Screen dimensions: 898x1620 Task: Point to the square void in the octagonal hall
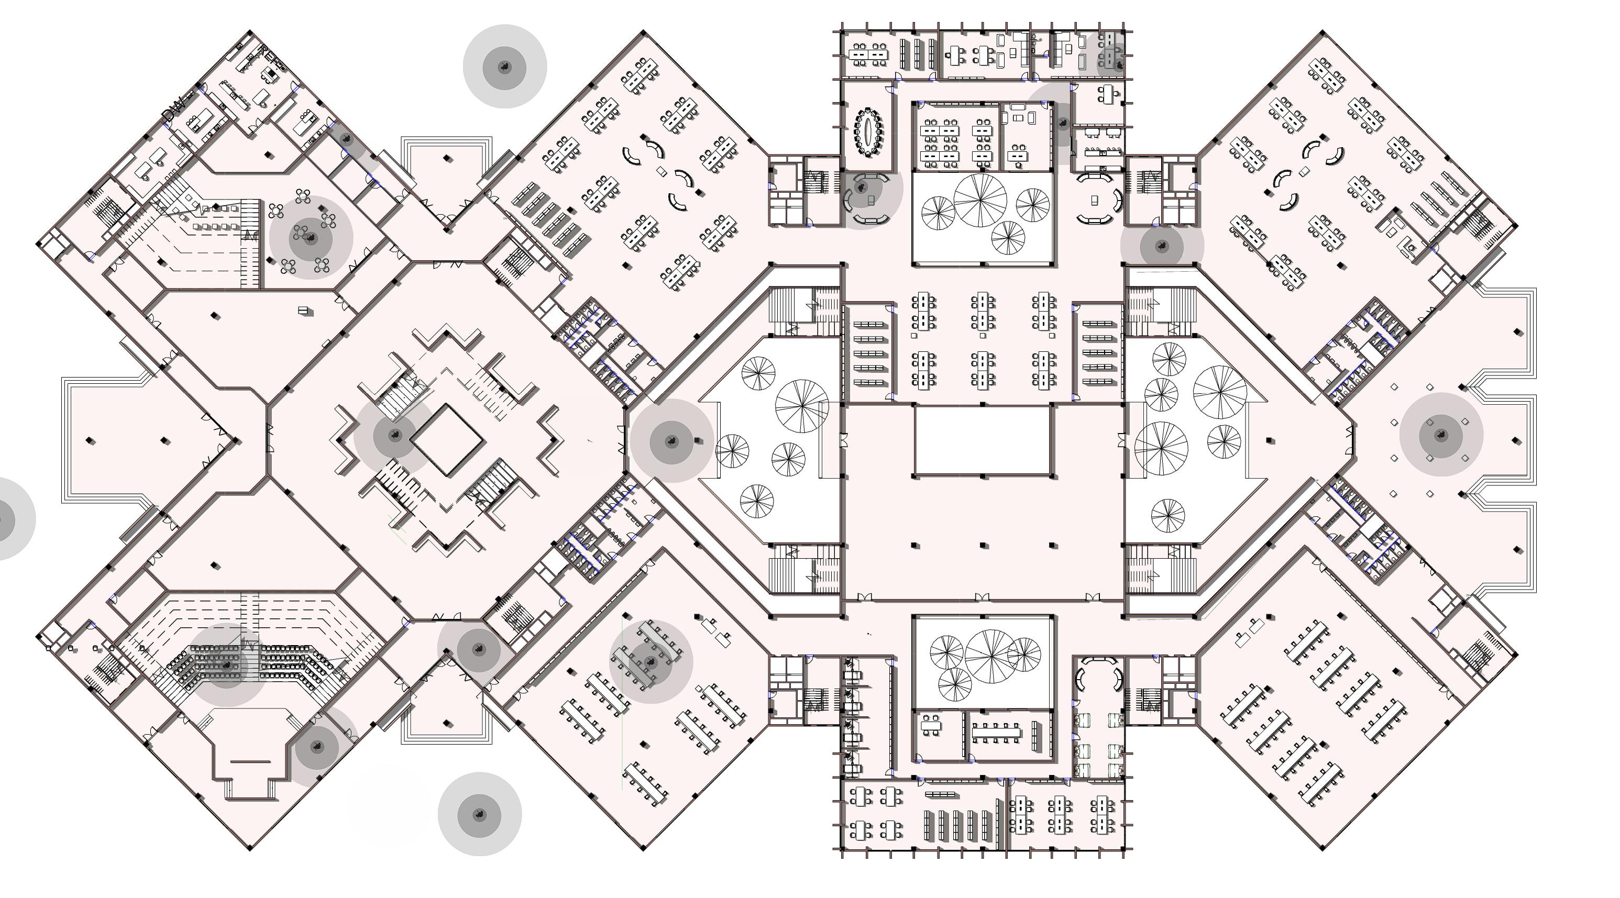tap(447, 439)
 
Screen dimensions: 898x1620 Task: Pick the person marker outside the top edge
tap(504, 66)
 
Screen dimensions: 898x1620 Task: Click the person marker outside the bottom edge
tap(479, 814)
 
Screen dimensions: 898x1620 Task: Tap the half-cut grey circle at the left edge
tap(6, 519)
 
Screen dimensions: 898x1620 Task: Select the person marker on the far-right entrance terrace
tap(1441, 435)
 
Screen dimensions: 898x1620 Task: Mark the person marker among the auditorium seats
tap(227, 664)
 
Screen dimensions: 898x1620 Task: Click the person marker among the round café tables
tap(311, 237)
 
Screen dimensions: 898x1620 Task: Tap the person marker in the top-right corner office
tap(1118, 63)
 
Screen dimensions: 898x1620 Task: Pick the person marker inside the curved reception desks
tap(862, 187)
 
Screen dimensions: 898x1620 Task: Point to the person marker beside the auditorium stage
tap(317, 747)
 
